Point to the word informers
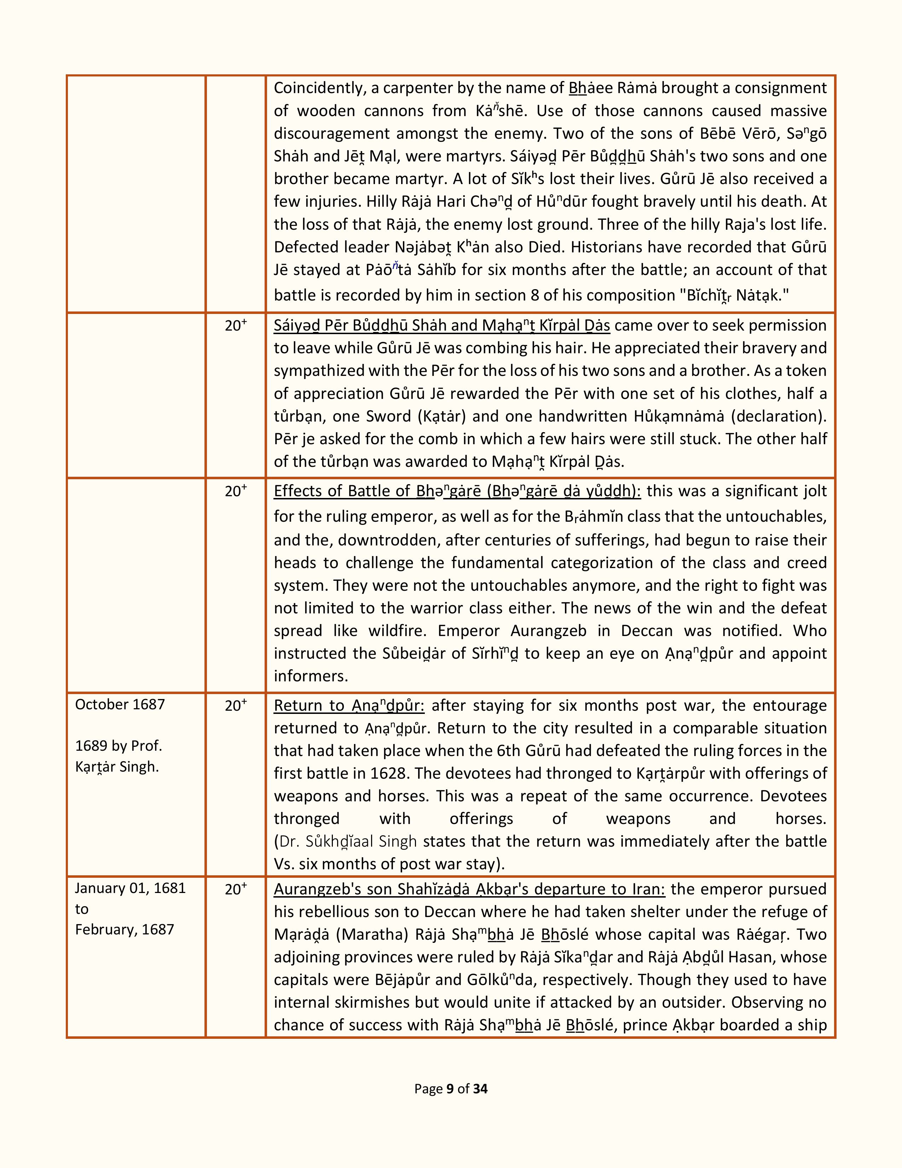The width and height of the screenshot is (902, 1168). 311,676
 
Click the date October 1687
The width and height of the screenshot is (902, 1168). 120,704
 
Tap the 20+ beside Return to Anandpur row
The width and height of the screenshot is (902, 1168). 235,706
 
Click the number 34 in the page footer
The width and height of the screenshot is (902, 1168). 480,1089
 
